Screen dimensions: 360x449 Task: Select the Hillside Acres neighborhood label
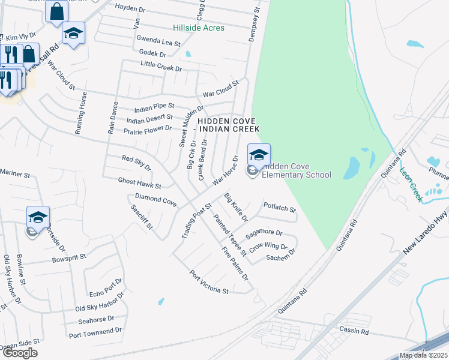[x=199, y=28]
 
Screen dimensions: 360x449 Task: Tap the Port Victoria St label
[x=209, y=283]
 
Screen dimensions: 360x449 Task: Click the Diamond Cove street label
[x=155, y=200]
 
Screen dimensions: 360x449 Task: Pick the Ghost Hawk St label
[x=140, y=183]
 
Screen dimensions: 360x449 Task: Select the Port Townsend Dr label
[x=95, y=331]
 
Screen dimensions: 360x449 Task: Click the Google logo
[x=20, y=353]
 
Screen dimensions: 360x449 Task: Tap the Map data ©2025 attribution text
[x=423, y=356]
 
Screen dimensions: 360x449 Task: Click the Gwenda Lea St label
[x=158, y=41]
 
